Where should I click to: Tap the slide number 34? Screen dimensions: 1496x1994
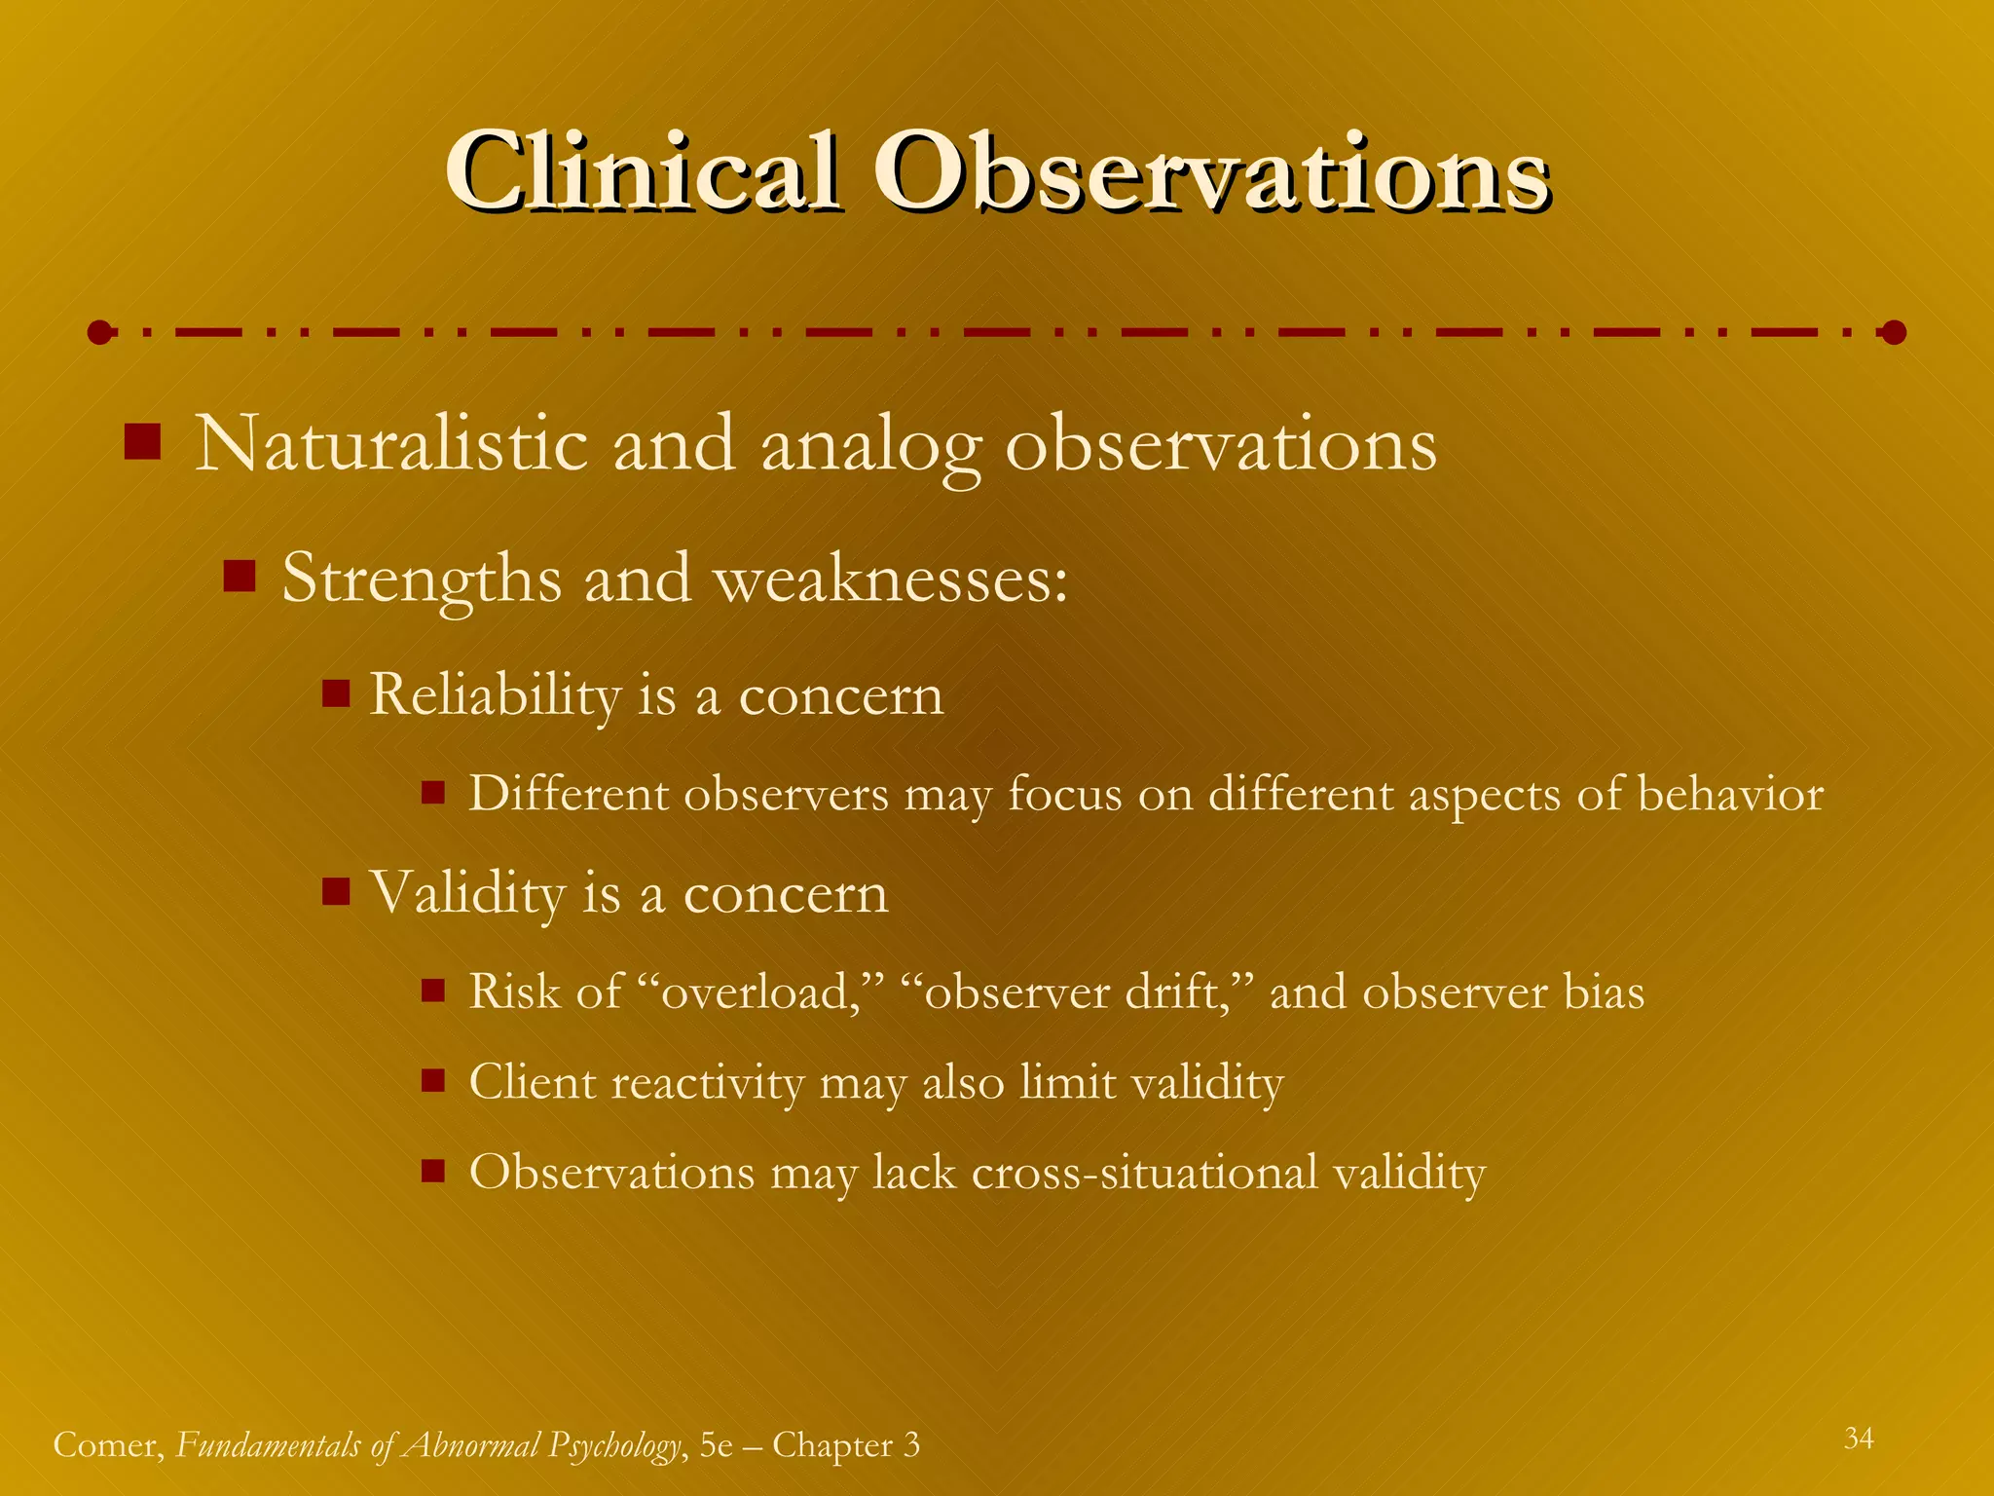pyautogui.click(x=1858, y=1439)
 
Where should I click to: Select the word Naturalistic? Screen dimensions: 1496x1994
pyautogui.click(x=391, y=444)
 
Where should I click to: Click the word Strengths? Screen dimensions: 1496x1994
pyautogui.click(x=421, y=580)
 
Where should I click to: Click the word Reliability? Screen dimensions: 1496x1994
pyautogui.click(x=495, y=695)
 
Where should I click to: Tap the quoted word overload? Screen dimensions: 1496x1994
pyautogui.click(x=760, y=992)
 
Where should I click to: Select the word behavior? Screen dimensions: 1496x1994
pyautogui.click(x=1730, y=794)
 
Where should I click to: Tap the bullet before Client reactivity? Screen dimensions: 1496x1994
pyautogui.click(x=433, y=1080)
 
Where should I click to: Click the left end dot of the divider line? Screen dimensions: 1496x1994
pyautogui.click(x=99, y=333)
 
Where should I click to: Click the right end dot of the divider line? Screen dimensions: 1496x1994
pyautogui.click(x=1893, y=333)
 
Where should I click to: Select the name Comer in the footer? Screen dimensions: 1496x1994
pyautogui.click(x=107, y=1445)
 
